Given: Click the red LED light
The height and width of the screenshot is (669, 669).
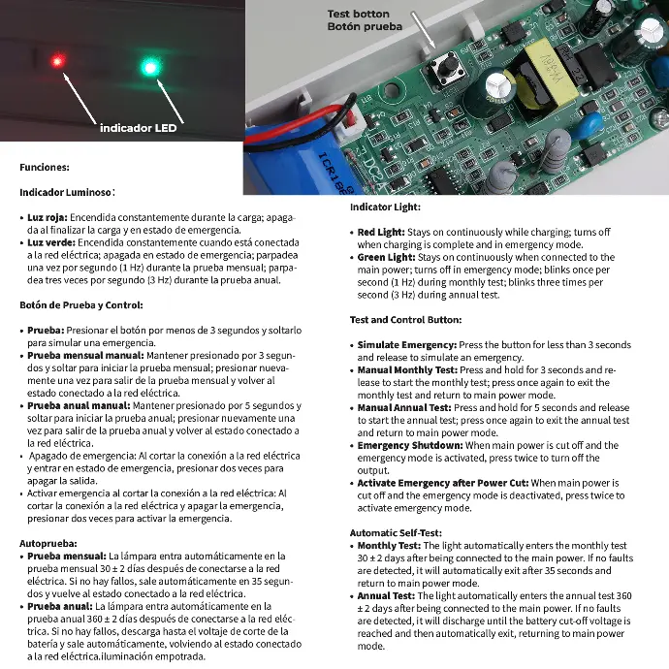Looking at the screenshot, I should [x=57, y=62].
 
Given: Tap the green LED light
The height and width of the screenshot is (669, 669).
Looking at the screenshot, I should [x=149, y=67].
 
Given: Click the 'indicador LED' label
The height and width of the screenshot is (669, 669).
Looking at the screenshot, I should [x=139, y=128].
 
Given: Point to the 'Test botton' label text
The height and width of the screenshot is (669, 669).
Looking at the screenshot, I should [x=358, y=14].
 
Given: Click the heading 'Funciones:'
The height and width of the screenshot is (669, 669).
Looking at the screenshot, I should [x=44, y=168].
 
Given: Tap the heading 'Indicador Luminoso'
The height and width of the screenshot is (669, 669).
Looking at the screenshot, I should [x=65, y=193].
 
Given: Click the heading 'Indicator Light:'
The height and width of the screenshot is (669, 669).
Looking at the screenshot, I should [x=385, y=207].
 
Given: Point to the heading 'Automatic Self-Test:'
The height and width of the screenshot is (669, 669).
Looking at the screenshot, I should [x=397, y=533].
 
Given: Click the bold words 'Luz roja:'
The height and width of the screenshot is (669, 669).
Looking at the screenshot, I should [x=48, y=218].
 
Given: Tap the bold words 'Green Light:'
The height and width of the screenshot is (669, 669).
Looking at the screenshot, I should [x=387, y=258].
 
